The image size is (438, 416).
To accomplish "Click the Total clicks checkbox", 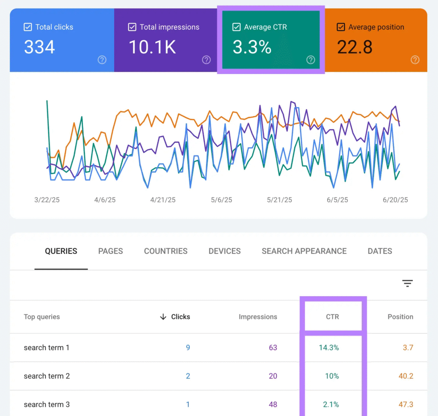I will point(27,27).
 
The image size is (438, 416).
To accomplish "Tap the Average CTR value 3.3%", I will point(252,47).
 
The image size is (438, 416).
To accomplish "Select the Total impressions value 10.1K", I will point(152,47).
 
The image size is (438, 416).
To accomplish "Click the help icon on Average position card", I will point(414,60).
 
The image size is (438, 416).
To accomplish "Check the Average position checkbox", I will point(340,27).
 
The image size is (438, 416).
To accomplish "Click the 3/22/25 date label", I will point(47,200).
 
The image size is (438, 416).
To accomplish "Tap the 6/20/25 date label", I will point(395,200).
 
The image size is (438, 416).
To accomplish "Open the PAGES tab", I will point(110,251).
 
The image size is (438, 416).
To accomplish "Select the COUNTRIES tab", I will point(166,251).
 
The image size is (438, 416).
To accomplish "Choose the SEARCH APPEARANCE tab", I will point(304,251).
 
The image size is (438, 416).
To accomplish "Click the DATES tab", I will point(380,251).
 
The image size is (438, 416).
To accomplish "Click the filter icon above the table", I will point(407,283).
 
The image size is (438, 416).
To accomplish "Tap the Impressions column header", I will point(257,317).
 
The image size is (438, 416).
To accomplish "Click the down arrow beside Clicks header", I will point(163,317).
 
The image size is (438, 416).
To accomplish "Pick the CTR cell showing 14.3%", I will point(328,348).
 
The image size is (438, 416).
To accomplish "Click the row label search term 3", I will point(47,404).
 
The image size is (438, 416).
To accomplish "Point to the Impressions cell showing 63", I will point(273,348).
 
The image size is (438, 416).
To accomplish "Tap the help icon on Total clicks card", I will point(102,60).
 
